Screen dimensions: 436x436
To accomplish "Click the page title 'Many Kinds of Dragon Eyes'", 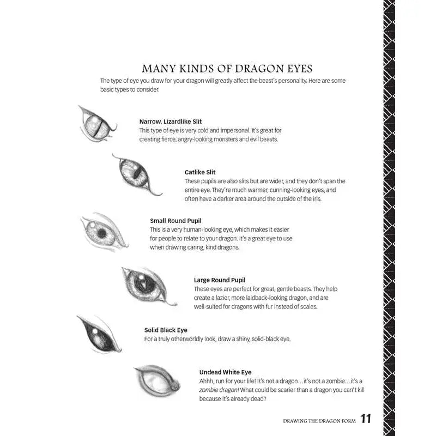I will [x=227, y=69].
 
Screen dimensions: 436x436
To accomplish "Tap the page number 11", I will [x=365, y=420].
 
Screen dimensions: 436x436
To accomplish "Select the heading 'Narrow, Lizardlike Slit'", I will [x=171, y=121].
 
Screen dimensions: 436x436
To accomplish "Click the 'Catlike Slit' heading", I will [x=200, y=172].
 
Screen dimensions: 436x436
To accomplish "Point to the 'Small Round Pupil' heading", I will [x=175, y=221].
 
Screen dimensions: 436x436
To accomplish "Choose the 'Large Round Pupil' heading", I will [x=220, y=280].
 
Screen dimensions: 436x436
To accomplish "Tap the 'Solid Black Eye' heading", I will [x=166, y=330].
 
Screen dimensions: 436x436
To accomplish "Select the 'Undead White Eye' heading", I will [x=225, y=372].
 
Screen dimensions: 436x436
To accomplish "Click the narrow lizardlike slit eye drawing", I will [x=96, y=125].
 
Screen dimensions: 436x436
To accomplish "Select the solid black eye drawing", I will [x=98, y=334].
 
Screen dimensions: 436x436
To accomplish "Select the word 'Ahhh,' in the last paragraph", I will [x=208, y=381].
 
